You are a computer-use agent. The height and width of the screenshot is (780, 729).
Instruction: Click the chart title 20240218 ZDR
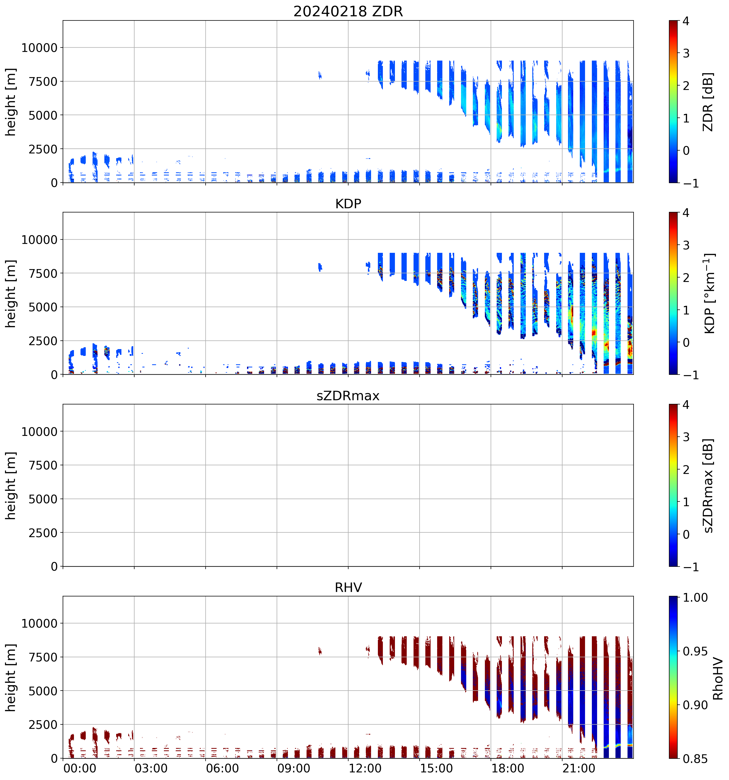[x=348, y=11]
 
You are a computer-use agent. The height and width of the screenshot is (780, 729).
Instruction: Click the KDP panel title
[x=348, y=204]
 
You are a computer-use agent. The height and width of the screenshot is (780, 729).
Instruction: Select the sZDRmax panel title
[x=348, y=396]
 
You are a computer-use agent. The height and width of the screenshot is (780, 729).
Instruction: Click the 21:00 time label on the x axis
[x=579, y=768]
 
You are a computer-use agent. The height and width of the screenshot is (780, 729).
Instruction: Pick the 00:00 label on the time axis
[x=80, y=768]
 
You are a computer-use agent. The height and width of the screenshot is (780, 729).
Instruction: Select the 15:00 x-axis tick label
[x=436, y=768]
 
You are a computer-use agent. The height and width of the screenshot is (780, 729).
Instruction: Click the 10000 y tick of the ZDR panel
[x=39, y=48]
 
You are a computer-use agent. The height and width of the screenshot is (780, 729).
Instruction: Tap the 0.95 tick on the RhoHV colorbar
[x=695, y=652]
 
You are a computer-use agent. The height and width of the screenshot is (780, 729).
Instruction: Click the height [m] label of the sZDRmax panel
[x=10, y=485]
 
